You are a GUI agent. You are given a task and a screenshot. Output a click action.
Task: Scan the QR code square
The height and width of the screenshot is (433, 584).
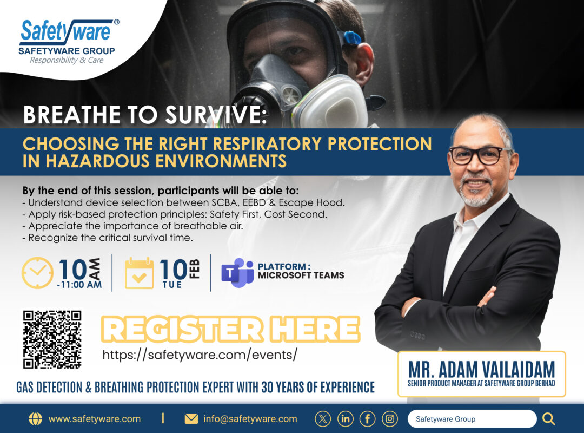[52, 339]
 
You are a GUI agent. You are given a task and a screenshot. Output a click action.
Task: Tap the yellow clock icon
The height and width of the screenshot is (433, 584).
[37, 273]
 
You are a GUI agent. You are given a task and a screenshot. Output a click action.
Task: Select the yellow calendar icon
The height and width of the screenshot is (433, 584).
[139, 273]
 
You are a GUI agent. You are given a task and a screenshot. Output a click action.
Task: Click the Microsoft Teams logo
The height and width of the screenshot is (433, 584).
[237, 273]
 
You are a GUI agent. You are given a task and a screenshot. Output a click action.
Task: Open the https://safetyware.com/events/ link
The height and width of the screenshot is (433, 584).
[200, 355]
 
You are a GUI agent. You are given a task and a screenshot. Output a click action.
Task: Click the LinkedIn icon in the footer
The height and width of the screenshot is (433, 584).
[345, 419]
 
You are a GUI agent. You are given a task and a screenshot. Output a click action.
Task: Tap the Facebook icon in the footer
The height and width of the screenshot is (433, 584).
[367, 419]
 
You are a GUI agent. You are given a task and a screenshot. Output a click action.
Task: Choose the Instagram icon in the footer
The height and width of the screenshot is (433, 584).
[389, 419]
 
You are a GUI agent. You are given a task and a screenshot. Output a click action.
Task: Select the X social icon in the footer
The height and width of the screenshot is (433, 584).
[322, 419]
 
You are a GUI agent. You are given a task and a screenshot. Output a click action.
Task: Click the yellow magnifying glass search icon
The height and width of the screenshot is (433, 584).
[548, 419]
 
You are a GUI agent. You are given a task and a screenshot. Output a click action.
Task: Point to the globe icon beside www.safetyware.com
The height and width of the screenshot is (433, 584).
[35, 419]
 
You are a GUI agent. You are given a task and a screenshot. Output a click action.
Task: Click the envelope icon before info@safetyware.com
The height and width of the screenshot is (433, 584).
[191, 419]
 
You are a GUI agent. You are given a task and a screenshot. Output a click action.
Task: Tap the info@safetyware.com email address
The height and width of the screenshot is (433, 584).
[250, 419]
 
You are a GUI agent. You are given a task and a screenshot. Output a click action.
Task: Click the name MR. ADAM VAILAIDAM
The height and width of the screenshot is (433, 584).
[482, 369]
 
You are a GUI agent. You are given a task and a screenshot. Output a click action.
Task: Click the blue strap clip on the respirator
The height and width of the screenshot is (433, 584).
[351, 38]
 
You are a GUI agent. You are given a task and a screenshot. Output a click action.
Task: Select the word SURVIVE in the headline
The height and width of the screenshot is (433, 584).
[216, 115]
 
